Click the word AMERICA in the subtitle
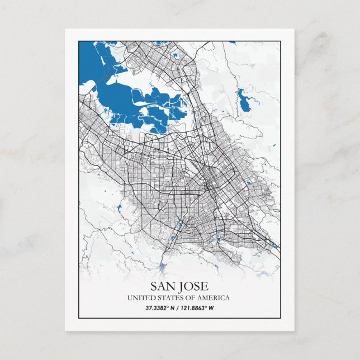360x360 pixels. click(213, 298)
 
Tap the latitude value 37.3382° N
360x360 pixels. click(161, 307)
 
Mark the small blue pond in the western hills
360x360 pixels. click(119, 210)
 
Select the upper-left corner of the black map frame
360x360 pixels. click(79, 41)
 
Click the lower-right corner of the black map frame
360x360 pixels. click(280, 318)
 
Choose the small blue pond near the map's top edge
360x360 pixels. click(176, 55)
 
